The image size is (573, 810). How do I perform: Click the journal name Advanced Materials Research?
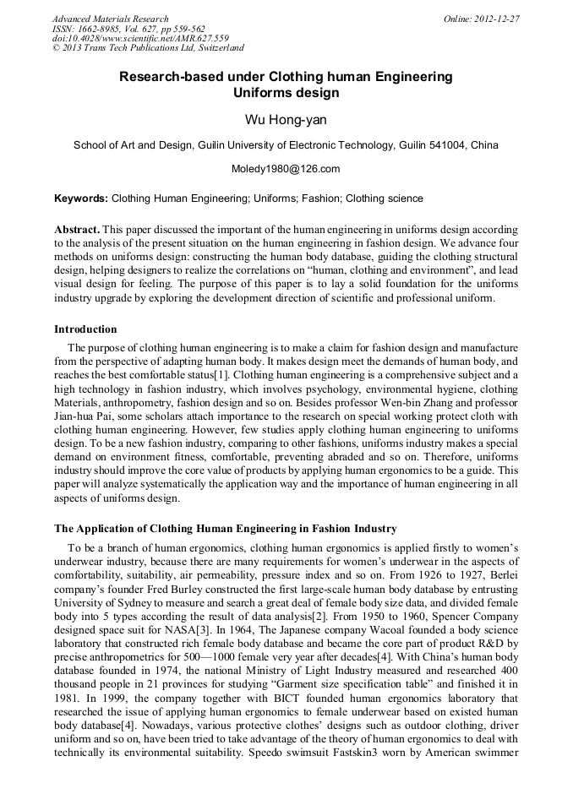coord(110,19)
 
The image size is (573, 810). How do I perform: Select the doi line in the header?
coord(140,38)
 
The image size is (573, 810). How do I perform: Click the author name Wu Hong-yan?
coord(286,120)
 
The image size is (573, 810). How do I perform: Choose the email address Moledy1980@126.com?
coord(286,169)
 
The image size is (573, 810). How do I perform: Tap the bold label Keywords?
coord(81,198)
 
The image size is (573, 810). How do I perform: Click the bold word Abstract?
coord(77,230)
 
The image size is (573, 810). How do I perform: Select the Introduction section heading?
coord(85,329)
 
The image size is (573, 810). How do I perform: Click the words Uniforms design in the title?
coord(286,93)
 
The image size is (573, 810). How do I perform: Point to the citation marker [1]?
coord(221,373)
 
